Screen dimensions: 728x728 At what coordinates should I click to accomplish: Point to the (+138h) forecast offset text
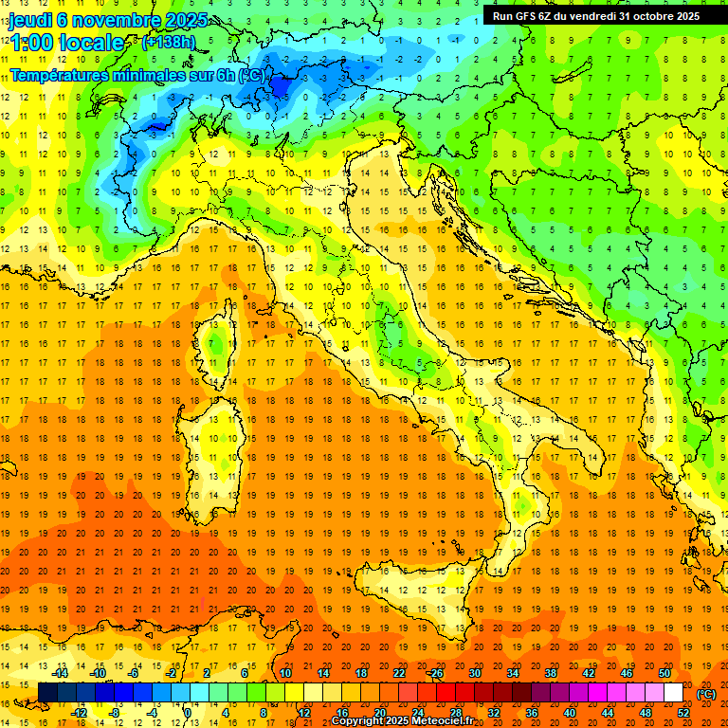[170, 42]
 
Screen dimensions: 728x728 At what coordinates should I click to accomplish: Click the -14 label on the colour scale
[60, 673]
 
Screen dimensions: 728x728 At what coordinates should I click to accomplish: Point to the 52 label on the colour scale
[683, 713]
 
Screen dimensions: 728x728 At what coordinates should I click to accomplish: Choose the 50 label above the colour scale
[664, 673]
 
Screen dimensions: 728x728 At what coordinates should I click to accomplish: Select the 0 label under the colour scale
[187, 713]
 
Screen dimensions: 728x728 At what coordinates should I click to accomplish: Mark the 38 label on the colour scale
[550, 673]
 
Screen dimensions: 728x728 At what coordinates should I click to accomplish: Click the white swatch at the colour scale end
[673, 693]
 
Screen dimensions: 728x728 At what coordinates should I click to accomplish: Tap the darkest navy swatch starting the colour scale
[47, 693]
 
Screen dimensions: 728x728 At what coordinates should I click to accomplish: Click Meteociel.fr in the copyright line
[449, 721]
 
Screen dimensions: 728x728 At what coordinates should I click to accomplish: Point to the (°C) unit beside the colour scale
[705, 693]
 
